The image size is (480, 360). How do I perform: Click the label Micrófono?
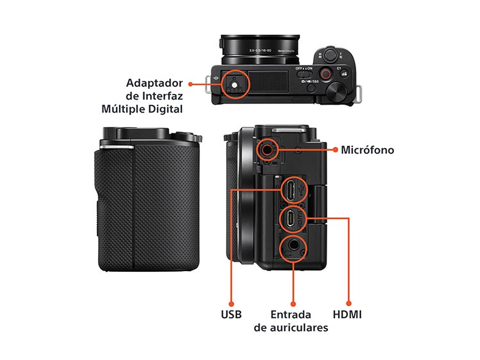(367, 149)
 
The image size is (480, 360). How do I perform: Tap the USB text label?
(231, 314)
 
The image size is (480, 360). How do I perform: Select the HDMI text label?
(347, 314)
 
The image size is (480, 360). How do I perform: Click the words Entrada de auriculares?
(291, 321)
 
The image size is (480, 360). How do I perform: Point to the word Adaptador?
(155, 83)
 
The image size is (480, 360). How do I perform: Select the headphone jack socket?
(293, 246)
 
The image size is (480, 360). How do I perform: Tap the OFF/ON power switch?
(304, 73)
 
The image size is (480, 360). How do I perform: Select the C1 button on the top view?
(339, 68)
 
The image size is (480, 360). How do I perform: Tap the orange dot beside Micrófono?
(336, 149)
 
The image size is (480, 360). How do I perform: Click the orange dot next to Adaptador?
(190, 84)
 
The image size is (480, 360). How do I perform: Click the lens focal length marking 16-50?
(260, 50)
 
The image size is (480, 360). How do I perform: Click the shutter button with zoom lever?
(330, 54)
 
